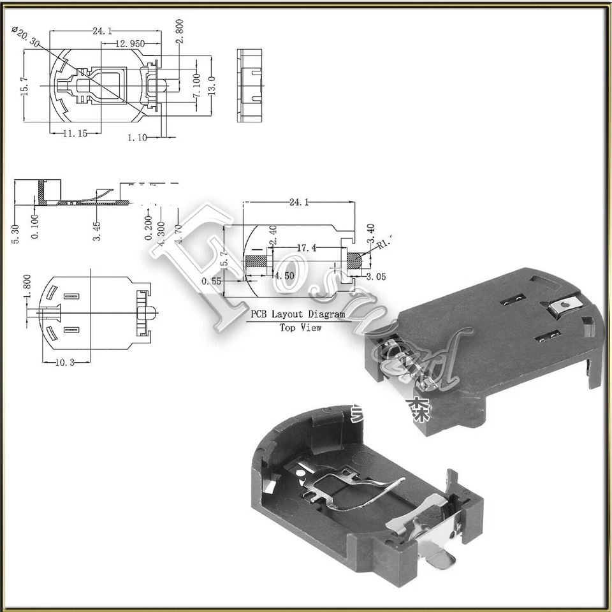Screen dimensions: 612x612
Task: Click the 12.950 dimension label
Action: tap(130, 44)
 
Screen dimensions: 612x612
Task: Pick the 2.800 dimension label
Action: tap(180, 31)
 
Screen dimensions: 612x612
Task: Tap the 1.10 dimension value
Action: tap(137, 136)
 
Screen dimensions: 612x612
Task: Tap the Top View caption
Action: tap(300, 327)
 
